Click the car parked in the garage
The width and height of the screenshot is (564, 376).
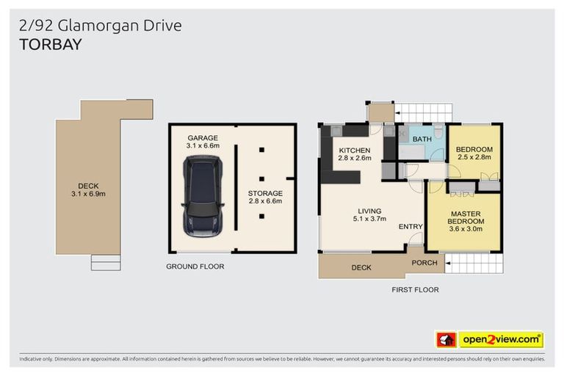coord(203,196)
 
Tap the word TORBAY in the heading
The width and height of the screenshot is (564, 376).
coord(49,45)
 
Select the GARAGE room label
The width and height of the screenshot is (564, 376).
coord(202,137)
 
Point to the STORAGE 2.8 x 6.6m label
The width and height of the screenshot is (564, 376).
coord(264,197)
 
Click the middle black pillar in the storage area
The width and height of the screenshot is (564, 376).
coord(262,178)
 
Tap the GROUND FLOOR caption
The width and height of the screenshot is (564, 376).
coord(195,266)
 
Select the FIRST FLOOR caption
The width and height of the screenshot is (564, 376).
coord(415,289)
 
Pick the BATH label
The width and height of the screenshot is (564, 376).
coord(422,139)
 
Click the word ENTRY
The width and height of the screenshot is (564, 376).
coord(410,226)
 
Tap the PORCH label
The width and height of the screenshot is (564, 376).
coord(424,262)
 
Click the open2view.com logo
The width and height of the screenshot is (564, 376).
coord(501,339)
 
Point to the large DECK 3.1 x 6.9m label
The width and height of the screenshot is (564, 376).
coord(87,189)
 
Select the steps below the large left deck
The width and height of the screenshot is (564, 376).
coord(105,262)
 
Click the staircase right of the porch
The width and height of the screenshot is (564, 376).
coord(474,263)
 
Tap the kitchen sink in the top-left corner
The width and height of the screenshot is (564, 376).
coord(336,131)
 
